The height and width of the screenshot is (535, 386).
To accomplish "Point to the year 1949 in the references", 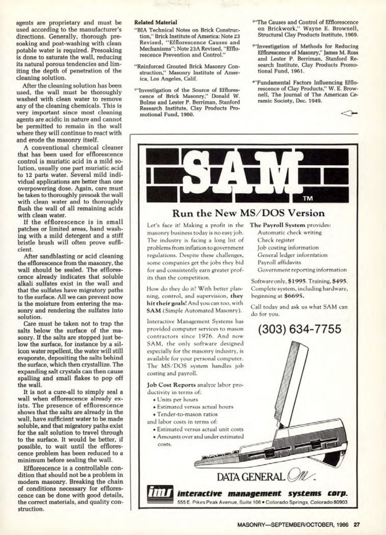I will click(x=317, y=100).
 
